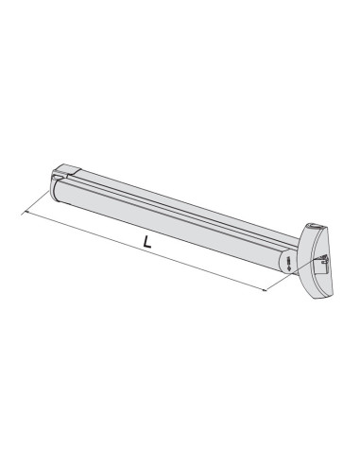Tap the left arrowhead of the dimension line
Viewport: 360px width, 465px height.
tap(26, 213)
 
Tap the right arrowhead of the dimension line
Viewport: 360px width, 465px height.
tap(264, 289)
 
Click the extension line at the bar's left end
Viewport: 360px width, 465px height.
tap(36, 202)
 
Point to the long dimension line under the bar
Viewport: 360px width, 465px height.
tap(146, 250)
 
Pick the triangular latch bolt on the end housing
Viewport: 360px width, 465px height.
tap(325, 258)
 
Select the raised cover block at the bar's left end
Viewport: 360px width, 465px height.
tap(67, 169)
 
